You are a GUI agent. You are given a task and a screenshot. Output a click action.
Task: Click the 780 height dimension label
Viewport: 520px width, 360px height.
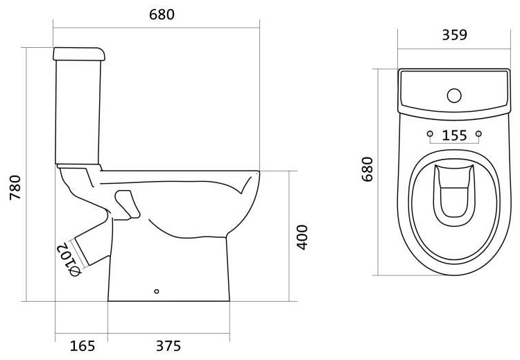point(15,187)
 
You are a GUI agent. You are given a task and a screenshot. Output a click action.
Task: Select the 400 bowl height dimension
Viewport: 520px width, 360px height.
point(302,237)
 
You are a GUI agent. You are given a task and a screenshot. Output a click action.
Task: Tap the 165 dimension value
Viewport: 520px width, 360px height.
point(83,346)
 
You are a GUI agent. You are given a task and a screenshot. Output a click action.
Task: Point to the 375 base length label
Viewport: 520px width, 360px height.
point(168,346)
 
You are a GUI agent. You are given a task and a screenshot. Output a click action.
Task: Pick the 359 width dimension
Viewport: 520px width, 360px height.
point(454,35)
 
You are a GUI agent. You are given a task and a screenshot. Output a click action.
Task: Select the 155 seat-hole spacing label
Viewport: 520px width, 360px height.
point(454,135)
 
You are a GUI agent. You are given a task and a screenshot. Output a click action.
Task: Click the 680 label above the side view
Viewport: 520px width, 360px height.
point(162,15)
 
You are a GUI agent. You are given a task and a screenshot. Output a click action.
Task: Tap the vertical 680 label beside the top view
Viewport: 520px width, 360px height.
point(367,169)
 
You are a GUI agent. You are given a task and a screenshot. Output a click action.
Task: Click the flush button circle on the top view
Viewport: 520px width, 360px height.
point(454,96)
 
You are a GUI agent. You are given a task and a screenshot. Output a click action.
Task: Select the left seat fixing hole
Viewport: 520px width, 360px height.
point(430,134)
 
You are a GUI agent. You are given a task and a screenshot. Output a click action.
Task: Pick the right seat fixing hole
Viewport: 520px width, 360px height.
point(478,134)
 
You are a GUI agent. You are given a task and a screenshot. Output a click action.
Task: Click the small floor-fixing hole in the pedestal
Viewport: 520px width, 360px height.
point(157,291)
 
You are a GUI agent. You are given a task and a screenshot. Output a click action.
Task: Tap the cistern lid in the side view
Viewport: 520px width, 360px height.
point(79,54)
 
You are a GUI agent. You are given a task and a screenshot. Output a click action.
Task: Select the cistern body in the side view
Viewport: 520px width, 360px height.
point(78,112)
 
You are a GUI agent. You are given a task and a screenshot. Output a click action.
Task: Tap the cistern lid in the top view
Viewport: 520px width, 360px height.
point(454,94)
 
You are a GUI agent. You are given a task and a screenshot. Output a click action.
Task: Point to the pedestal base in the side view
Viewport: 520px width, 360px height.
point(168,268)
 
